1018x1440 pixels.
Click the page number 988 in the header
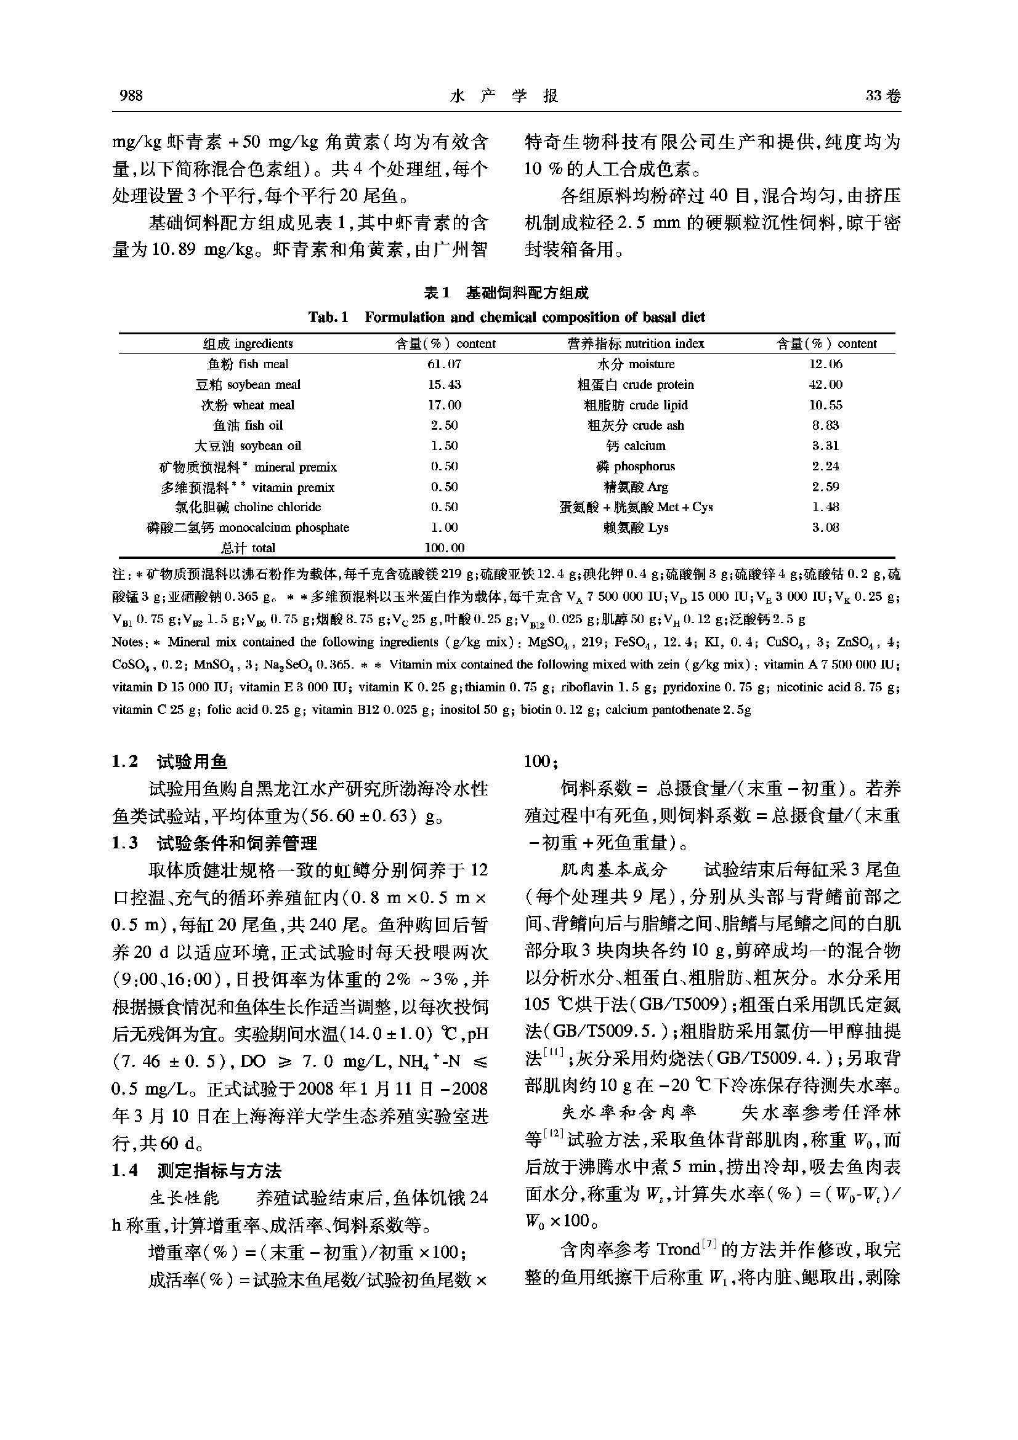click(x=131, y=95)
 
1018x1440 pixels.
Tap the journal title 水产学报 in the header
click(x=504, y=95)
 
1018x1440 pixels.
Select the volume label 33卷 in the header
click(x=883, y=95)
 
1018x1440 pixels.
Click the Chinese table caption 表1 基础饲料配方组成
click(x=506, y=293)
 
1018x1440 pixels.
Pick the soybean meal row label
click(x=248, y=385)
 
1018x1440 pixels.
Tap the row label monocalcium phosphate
click(x=248, y=528)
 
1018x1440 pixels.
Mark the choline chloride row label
click(x=248, y=507)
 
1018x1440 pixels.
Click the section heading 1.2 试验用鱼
click(x=169, y=762)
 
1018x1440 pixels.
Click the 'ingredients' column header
click(x=248, y=344)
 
